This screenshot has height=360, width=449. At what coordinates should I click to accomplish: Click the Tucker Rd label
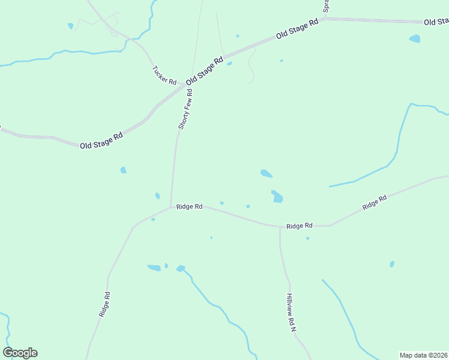point(164,74)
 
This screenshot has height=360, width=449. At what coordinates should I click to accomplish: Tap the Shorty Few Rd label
point(185,109)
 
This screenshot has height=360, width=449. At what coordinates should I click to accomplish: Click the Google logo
point(20,353)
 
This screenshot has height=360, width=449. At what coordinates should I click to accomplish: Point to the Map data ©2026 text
point(424,355)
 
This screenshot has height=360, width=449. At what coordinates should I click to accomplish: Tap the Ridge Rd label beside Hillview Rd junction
point(300,226)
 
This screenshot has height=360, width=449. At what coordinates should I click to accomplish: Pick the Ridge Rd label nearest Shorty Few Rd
point(189,206)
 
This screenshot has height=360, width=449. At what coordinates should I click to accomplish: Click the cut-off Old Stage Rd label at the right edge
point(436,22)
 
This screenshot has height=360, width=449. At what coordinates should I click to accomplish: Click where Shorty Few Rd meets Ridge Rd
point(171,207)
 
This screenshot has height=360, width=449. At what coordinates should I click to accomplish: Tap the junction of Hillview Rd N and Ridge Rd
point(280,227)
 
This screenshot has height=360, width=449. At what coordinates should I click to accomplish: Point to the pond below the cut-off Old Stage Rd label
point(415,39)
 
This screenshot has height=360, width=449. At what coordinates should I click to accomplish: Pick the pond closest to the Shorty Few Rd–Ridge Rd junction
point(157,196)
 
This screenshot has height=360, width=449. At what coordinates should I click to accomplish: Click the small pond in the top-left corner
point(71,26)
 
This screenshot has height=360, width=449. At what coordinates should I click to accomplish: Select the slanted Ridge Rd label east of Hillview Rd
point(375,202)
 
